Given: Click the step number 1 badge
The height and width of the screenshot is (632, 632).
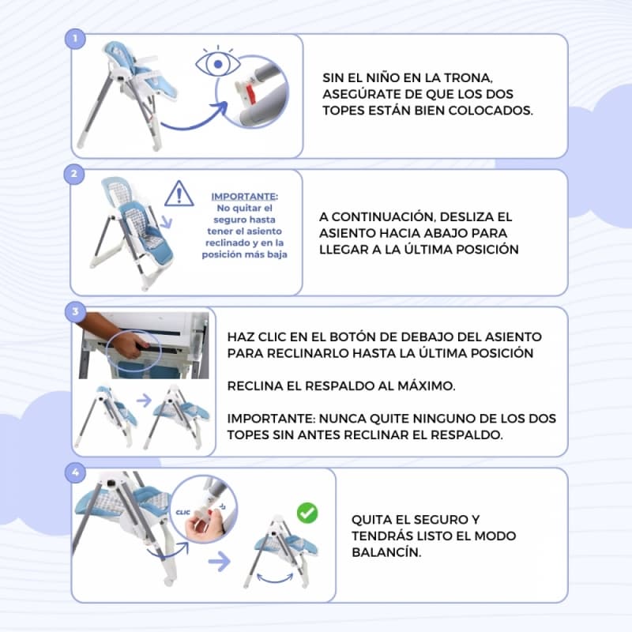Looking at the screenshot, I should click(x=75, y=37).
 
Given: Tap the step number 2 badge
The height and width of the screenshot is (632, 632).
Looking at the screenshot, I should click(x=74, y=174).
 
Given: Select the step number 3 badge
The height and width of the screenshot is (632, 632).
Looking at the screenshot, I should click(x=75, y=312).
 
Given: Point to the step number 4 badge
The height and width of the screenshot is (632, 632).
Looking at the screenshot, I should click(x=75, y=472).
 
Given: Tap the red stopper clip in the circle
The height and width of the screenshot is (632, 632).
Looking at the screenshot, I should click(x=250, y=95).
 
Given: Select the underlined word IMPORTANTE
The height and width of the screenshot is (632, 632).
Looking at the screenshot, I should click(x=245, y=196).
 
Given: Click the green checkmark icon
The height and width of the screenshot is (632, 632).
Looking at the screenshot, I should click(x=307, y=513).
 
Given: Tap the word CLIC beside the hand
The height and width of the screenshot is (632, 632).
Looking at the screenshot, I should click(x=185, y=510).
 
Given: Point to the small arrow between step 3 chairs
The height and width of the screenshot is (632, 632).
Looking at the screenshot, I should click(x=142, y=401).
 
